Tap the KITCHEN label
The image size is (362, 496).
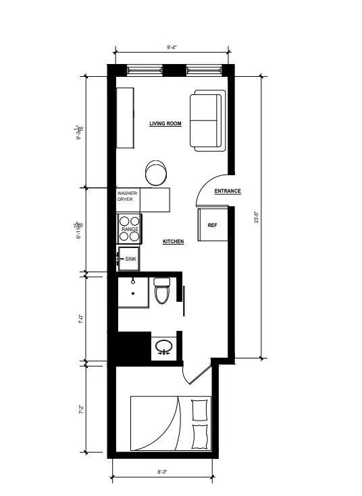(x=173, y=241)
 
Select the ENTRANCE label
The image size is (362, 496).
(x=228, y=191)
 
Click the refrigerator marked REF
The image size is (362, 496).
(x=211, y=225)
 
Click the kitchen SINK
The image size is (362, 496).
(x=129, y=258)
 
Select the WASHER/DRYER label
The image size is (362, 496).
(x=128, y=195)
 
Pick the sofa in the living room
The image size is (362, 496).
(x=205, y=121)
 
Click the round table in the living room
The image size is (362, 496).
(x=157, y=172)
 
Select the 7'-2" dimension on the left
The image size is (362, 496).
(x=80, y=409)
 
